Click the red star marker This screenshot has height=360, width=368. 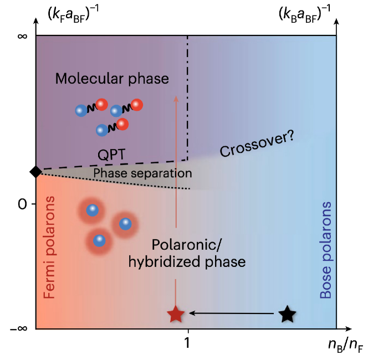tap(176, 314)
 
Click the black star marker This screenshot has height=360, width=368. tap(287, 314)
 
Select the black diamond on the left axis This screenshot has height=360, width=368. tap(36, 172)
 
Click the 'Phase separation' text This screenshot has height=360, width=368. tap(142, 173)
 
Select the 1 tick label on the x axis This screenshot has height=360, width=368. tap(188, 343)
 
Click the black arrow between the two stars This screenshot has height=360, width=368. tap(233, 314)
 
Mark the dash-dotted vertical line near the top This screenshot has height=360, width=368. tap(188, 94)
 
